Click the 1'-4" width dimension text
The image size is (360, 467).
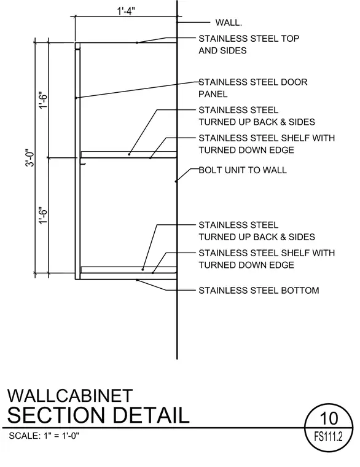126,11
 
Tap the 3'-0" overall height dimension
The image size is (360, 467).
30,157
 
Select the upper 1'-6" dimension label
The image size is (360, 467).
43,100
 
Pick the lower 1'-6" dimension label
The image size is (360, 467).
43,215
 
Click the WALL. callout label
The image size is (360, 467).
229,23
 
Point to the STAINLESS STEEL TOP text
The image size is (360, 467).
249,39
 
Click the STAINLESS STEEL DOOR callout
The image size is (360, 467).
253,82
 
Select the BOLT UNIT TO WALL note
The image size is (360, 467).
243,170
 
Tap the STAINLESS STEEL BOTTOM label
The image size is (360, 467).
259,291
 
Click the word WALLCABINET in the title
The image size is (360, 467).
70,396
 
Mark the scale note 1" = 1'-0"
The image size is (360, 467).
61,436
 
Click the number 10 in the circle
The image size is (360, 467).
329,418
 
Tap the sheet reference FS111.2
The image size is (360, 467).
329,437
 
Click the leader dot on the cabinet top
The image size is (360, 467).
137,42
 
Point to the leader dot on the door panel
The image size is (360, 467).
77,98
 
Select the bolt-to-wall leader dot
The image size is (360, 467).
176,181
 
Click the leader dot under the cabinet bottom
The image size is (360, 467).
137,280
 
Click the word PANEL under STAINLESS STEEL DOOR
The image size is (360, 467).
213,94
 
